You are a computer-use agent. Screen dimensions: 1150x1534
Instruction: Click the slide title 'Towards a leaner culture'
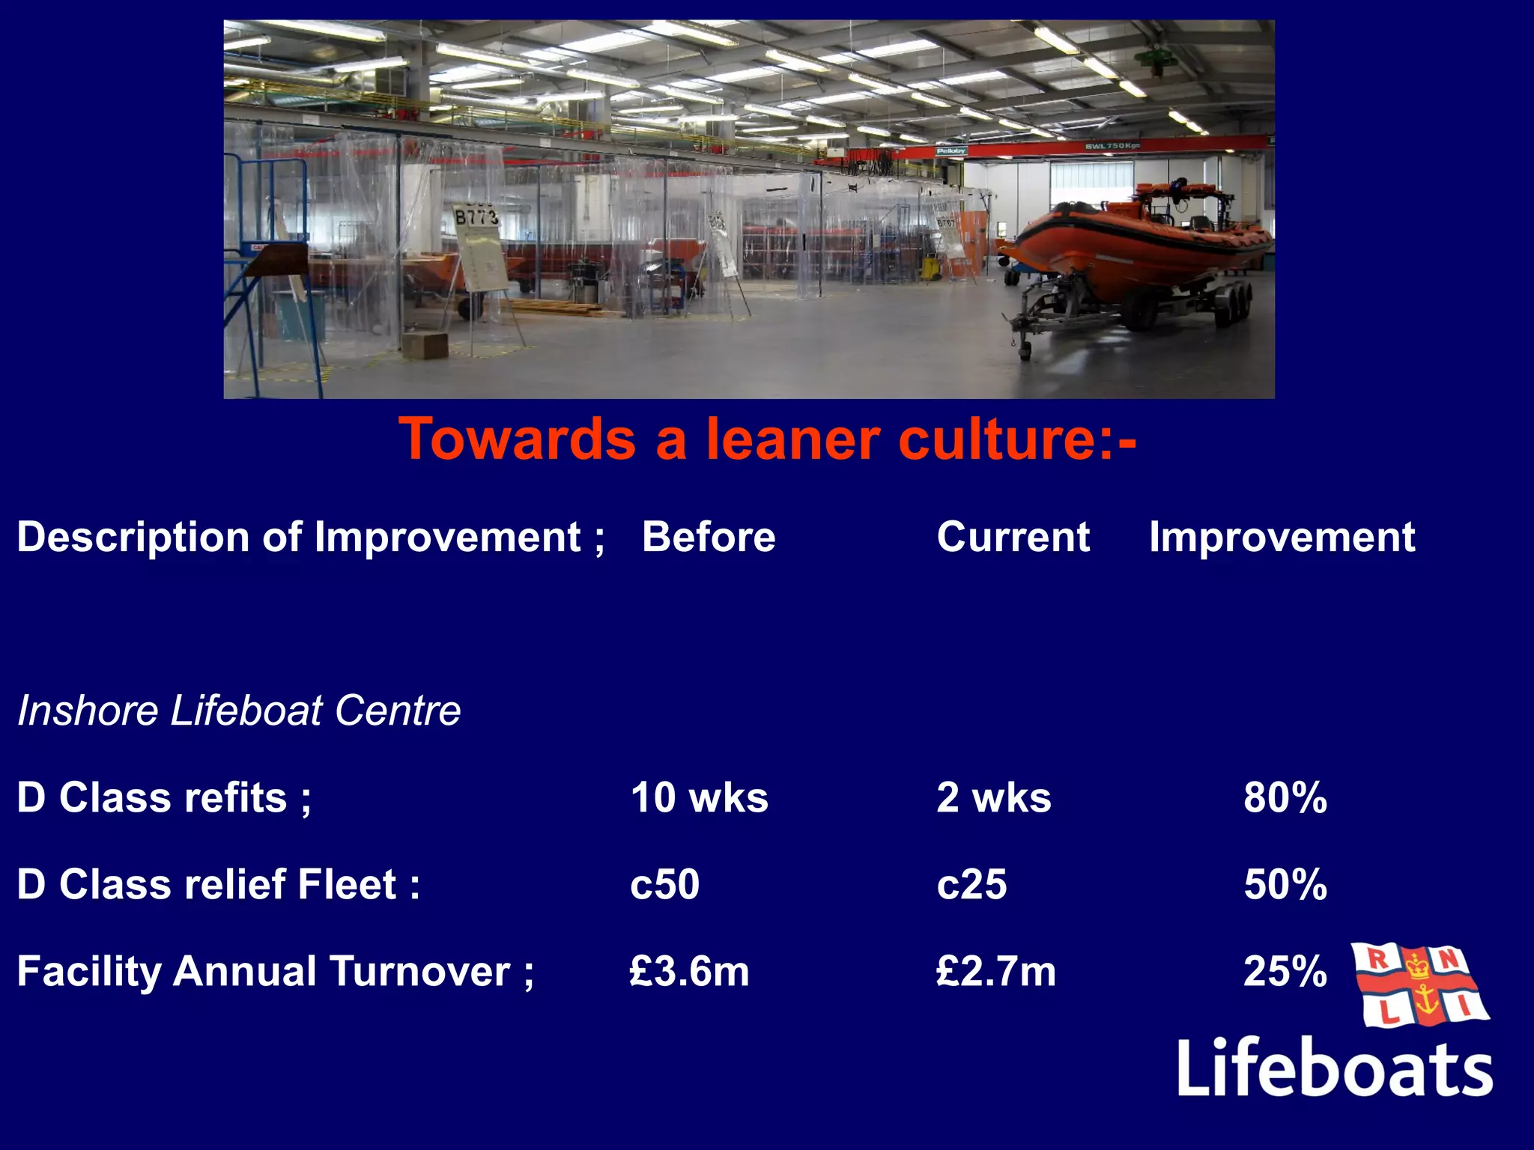point(767,439)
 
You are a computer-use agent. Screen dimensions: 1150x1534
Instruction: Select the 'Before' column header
point(709,537)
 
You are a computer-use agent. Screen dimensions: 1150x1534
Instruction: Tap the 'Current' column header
point(1013,537)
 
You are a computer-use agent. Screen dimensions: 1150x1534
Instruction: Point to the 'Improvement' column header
point(1282,537)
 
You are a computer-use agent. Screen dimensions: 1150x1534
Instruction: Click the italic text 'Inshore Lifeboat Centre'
point(239,710)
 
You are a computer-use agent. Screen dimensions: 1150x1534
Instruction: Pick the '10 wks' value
point(699,797)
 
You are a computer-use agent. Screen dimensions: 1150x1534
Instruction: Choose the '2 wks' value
point(993,797)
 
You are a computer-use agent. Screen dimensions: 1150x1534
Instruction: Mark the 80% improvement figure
point(1285,797)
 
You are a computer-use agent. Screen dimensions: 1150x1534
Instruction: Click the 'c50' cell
point(664,884)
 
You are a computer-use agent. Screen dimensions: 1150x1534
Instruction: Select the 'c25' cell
point(971,884)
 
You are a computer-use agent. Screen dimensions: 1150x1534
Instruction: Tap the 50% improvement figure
point(1285,884)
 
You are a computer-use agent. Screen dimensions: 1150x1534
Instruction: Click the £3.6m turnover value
point(689,972)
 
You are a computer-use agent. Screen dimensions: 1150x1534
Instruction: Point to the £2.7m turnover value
point(996,972)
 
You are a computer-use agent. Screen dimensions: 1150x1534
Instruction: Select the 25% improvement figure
point(1285,972)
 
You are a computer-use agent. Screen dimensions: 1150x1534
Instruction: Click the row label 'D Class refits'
point(163,797)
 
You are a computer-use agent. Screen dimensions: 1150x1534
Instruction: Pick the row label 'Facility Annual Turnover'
point(275,972)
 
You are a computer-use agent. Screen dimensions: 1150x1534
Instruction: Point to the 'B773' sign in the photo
point(476,218)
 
